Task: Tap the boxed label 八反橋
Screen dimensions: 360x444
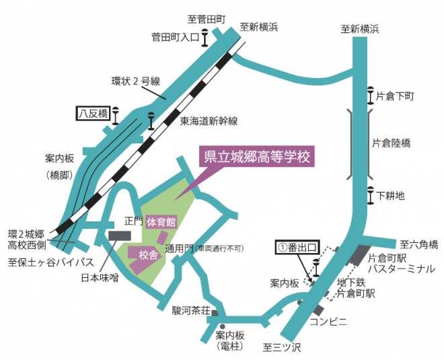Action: pos(93,114)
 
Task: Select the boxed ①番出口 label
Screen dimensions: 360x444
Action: pos(297,248)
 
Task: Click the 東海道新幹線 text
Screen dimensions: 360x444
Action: pos(209,121)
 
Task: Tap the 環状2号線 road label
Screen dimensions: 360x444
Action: pos(135,81)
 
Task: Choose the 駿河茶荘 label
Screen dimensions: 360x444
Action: pos(192,310)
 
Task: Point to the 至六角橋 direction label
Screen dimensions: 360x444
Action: pos(419,244)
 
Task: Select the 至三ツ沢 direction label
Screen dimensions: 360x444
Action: pos(279,347)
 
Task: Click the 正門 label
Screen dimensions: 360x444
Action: pos(134,221)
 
